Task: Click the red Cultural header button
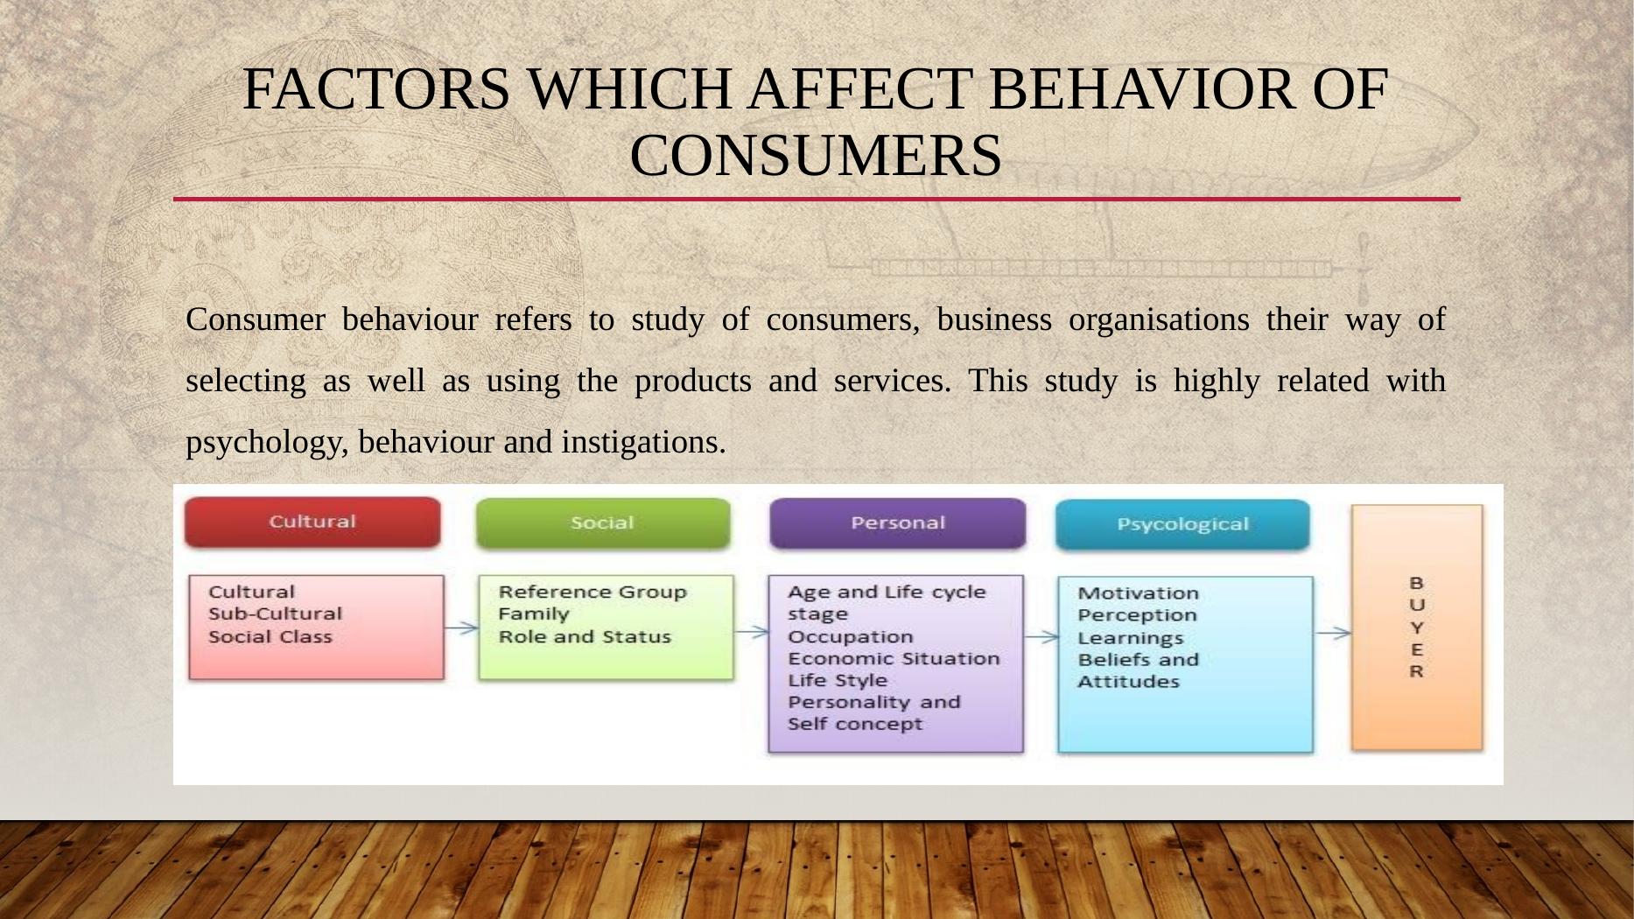pos(312,523)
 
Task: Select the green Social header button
pos(603,523)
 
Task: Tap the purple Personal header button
pos(897,523)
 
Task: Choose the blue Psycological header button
pos(1182,525)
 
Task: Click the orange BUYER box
pos(1417,628)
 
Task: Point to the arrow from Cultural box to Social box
pos(461,627)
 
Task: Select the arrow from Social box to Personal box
pos(752,630)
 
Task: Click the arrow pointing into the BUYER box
pos(1333,633)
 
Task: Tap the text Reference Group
pos(593,593)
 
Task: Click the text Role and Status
pos(585,637)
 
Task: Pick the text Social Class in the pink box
pos(270,637)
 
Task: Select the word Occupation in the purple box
pos(850,637)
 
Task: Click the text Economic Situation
pos(894,658)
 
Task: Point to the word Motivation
pos(1138,593)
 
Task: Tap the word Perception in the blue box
pos(1137,615)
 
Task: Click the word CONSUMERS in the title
pos(816,156)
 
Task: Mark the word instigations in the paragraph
pos(644,443)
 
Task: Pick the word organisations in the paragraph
pos(1159,320)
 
